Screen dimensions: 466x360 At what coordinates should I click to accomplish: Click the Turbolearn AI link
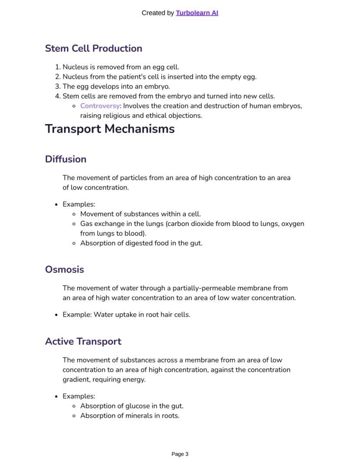click(x=197, y=13)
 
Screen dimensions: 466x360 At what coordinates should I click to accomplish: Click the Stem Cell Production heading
click(x=93, y=48)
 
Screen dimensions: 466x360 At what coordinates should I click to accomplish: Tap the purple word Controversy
click(x=100, y=106)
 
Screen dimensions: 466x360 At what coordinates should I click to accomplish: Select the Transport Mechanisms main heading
click(x=110, y=129)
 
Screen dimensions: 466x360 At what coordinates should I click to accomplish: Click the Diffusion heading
click(x=66, y=159)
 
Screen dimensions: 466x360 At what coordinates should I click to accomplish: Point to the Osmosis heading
click(x=64, y=269)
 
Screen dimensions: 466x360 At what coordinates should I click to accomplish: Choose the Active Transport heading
click(x=83, y=342)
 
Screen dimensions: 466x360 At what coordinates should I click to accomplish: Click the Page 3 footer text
click(x=180, y=454)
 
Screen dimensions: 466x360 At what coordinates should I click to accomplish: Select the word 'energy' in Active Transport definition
click(x=134, y=379)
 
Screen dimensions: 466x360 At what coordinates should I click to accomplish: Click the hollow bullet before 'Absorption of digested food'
click(x=74, y=243)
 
